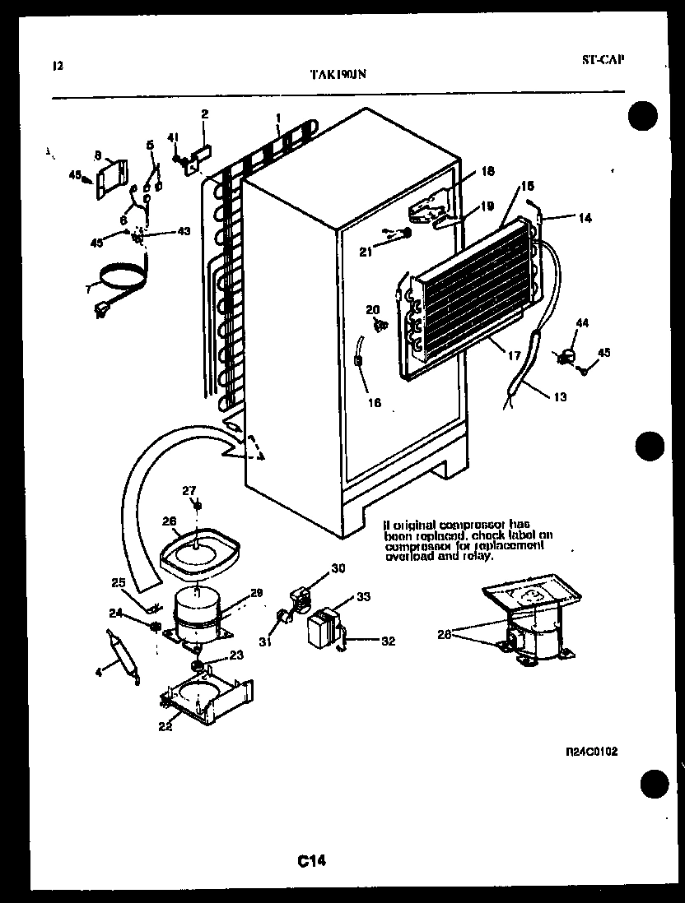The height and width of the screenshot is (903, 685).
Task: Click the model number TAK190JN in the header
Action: tap(338, 73)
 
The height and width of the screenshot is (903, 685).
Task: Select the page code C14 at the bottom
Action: tap(313, 860)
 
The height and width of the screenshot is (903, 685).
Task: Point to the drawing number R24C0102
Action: tap(592, 751)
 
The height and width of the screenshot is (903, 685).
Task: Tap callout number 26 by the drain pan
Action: tap(169, 521)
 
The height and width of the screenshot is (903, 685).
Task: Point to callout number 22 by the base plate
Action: tap(165, 726)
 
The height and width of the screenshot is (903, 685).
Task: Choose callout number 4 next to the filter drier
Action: tap(99, 672)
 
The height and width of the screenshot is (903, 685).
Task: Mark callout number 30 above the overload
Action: tap(338, 567)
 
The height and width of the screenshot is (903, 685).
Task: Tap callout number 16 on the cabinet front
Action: tap(375, 403)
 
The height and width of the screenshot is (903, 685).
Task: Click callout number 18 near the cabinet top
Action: tap(487, 171)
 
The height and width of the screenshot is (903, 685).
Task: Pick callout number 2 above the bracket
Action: tap(204, 113)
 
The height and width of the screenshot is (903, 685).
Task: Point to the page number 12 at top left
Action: tap(57, 67)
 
